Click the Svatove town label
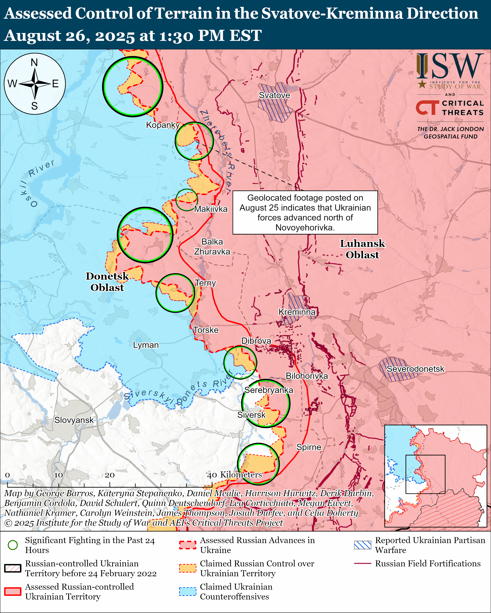click(274, 95)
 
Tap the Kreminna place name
click(297, 312)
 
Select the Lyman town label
click(146, 345)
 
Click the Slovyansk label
click(74, 420)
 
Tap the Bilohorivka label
click(307, 376)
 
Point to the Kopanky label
click(163, 125)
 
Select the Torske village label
click(206, 330)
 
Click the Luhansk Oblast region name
click(362, 249)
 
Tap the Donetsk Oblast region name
click(107, 281)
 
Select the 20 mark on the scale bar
click(110, 475)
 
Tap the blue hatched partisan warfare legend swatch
click(362, 545)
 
